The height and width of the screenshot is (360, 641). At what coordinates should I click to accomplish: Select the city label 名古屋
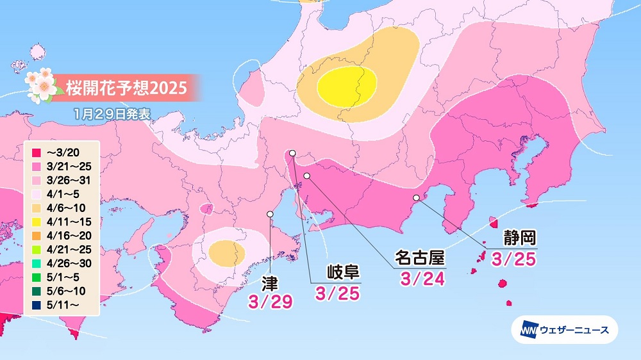419,258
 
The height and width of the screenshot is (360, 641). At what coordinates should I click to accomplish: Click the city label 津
270,282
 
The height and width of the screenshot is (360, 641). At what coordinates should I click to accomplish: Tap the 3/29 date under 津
270,300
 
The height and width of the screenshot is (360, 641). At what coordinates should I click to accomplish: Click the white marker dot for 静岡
416,197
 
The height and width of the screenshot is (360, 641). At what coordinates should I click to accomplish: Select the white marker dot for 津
270,214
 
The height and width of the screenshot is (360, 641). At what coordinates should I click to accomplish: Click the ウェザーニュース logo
564,331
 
